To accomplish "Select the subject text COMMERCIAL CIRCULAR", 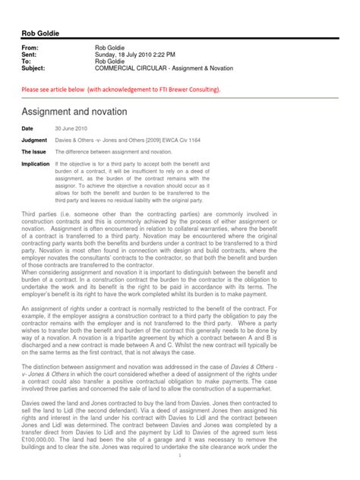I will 130,68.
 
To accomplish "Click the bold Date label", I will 28,128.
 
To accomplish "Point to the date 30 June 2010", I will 71,128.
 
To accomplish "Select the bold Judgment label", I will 34,140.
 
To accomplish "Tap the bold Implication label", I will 36,163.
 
